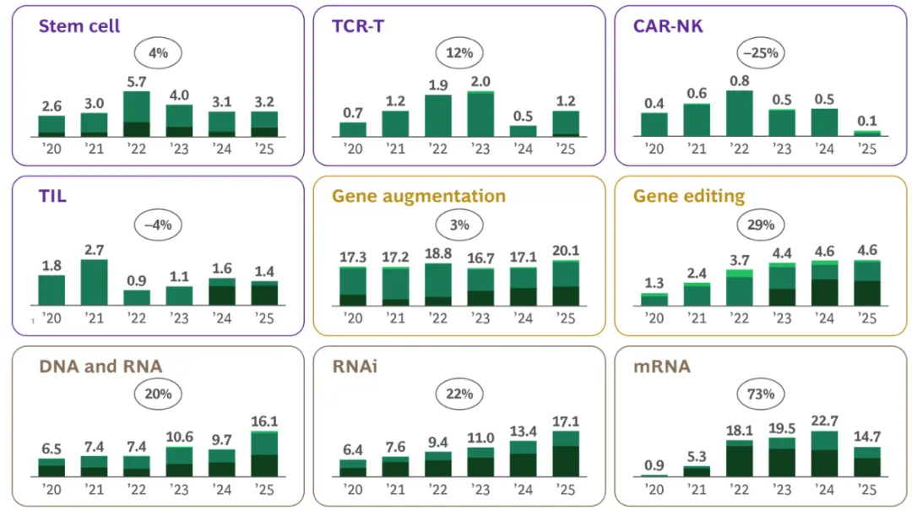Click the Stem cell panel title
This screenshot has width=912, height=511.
coord(79,25)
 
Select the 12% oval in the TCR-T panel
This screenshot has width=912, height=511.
coord(459,52)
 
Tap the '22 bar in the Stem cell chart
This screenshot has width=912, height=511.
coord(136,114)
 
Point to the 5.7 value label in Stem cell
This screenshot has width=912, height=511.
coord(136,82)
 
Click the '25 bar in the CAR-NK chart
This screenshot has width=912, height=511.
coord(867,133)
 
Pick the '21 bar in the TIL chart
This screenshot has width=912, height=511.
coord(94,282)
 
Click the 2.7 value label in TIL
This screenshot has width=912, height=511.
coord(94,250)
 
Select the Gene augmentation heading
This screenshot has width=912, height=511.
coord(418,196)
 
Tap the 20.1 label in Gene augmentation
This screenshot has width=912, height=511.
coord(565,251)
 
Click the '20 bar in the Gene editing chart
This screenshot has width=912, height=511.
coord(654,299)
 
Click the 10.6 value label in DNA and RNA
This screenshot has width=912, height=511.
coord(179,437)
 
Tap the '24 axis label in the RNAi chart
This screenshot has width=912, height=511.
coord(523,490)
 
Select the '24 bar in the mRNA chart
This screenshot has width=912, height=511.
coord(824,454)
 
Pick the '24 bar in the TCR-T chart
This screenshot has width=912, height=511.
coord(523,131)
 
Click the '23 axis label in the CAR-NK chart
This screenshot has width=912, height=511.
coord(781,149)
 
